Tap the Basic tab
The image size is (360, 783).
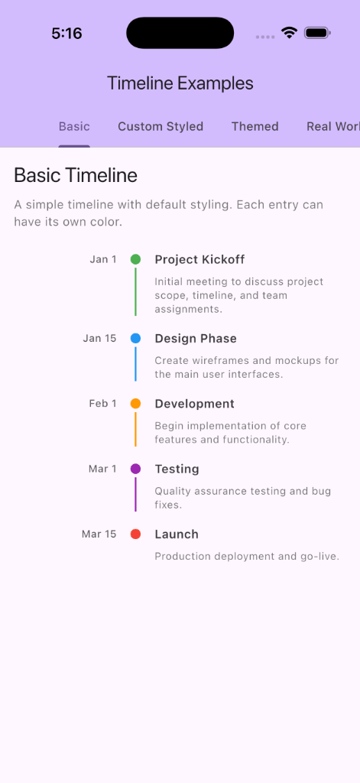pyautogui.click(x=74, y=127)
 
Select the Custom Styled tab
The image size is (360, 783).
pyautogui.click(x=161, y=127)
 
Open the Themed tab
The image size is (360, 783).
pyautogui.click(x=255, y=127)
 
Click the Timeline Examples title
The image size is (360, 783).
pyautogui.click(x=180, y=83)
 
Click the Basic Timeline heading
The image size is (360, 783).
pyautogui.click(x=76, y=176)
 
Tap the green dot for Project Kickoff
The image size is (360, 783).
pyautogui.click(x=135, y=259)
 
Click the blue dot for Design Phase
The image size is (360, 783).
pyautogui.click(x=135, y=338)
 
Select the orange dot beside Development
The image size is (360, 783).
pyautogui.click(x=135, y=404)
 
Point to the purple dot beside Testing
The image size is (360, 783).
pyautogui.click(x=135, y=469)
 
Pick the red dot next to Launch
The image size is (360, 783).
pyautogui.click(x=135, y=534)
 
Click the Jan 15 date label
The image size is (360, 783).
pyautogui.click(x=99, y=338)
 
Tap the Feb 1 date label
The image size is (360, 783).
pyautogui.click(x=102, y=404)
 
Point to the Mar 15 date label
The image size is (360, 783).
pyautogui.click(x=99, y=534)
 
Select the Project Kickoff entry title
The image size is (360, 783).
pyautogui.click(x=199, y=259)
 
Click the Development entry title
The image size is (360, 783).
pyautogui.click(x=194, y=404)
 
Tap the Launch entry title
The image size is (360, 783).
pyautogui.click(x=177, y=534)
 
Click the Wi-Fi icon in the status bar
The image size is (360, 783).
pyautogui.click(x=289, y=33)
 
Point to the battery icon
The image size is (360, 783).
pyautogui.click(x=316, y=33)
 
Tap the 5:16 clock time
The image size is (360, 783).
pyautogui.click(x=66, y=34)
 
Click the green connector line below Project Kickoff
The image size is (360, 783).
pyautogui.click(x=135, y=291)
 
